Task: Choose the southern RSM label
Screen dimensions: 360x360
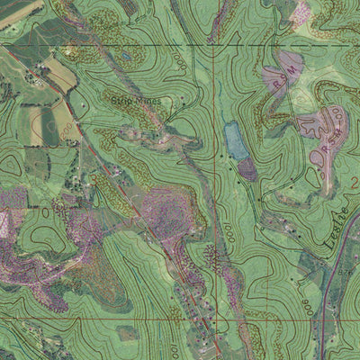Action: pyautogui.click(x=326, y=136)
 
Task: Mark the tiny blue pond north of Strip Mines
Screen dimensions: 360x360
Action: pyautogui.click(x=127, y=56)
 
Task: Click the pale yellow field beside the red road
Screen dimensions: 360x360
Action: pyautogui.click(x=59, y=74)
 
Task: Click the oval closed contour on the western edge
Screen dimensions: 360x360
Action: pyautogui.click(x=11, y=165)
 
